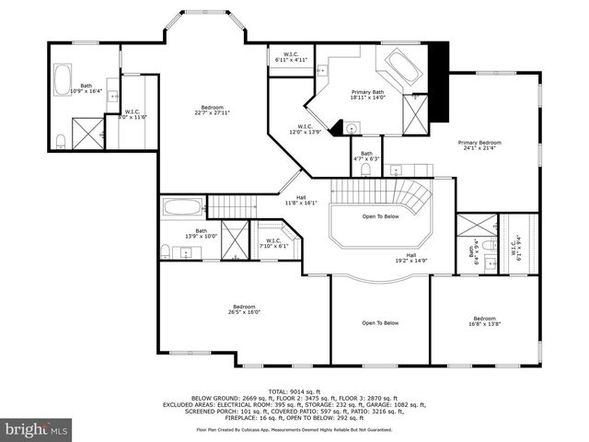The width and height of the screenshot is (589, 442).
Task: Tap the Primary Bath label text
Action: point(367,95)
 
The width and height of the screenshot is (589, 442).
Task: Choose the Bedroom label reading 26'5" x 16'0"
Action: point(244,309)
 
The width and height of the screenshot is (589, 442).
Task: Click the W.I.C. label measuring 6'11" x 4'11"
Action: point(291,58)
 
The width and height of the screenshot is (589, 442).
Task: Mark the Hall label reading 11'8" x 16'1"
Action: point(300,200)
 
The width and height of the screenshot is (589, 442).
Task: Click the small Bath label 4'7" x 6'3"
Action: point(366,156)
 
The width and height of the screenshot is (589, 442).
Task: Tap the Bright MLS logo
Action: point(37,428)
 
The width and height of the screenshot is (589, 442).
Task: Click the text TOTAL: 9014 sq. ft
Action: point(294,390)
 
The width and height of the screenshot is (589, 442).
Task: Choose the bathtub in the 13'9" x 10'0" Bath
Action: point(183,206)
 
